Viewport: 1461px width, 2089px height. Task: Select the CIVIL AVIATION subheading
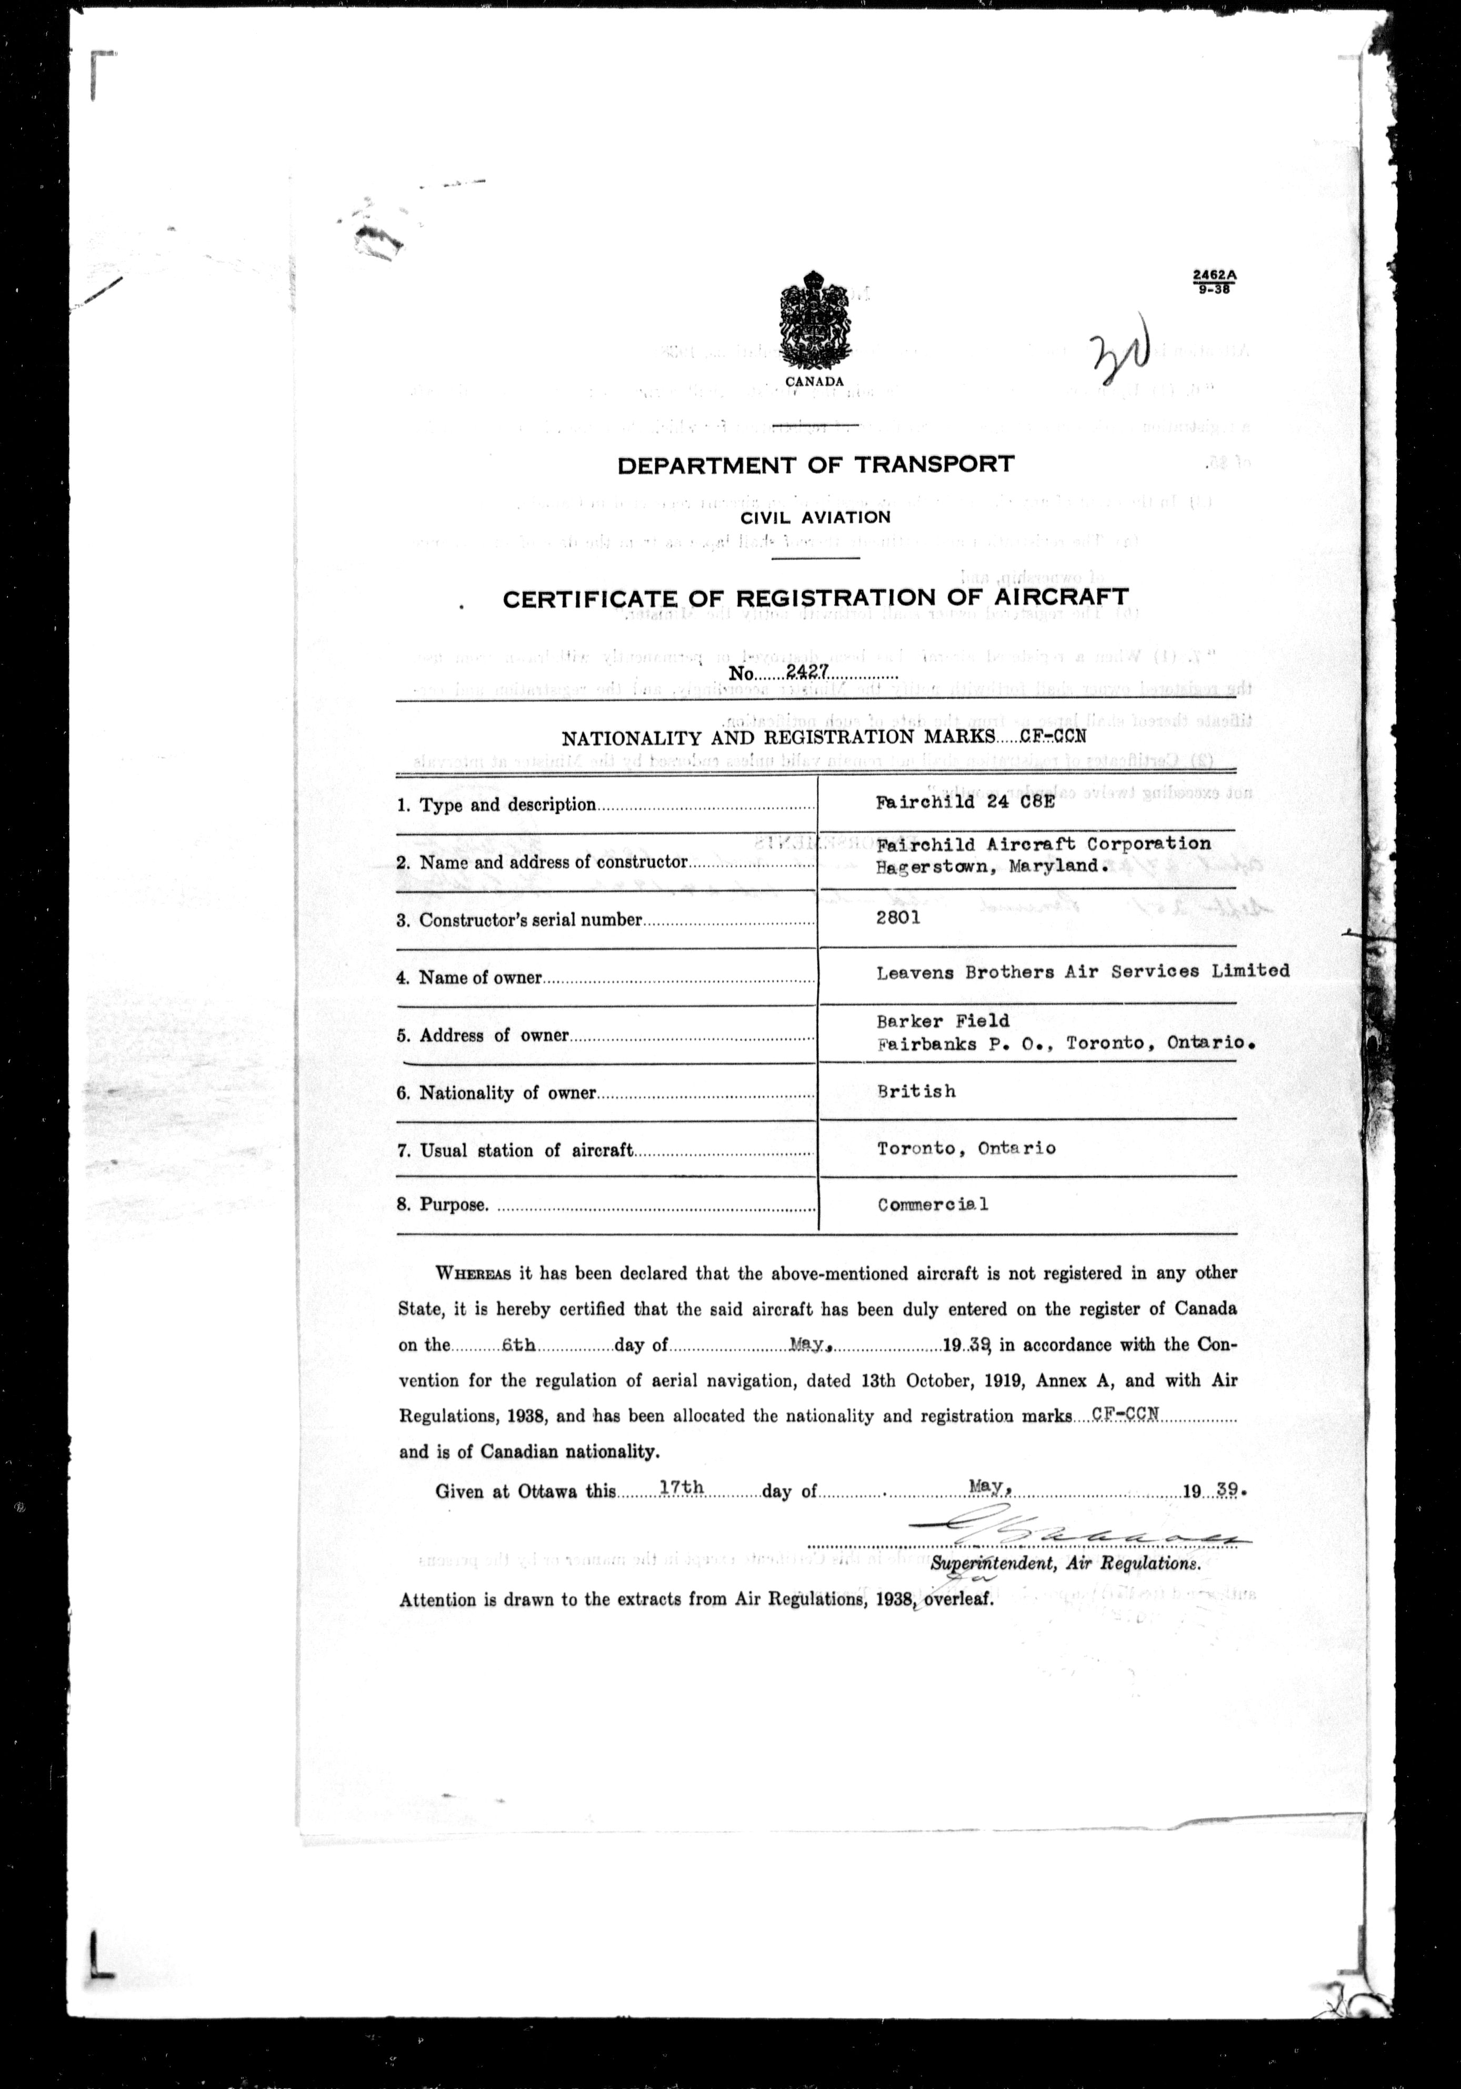pyautogui.click(x=815, y=517)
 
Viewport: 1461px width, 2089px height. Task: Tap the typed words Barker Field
pyautogui.click(x=943, y=1021)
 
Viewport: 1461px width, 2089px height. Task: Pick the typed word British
pyautogui.click(x=916, y=1091)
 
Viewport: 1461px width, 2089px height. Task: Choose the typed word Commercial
pyautogui.click(x=933, y=1205)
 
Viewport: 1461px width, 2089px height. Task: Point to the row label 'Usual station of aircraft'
pyautogui.click(x=526, y=1151)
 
